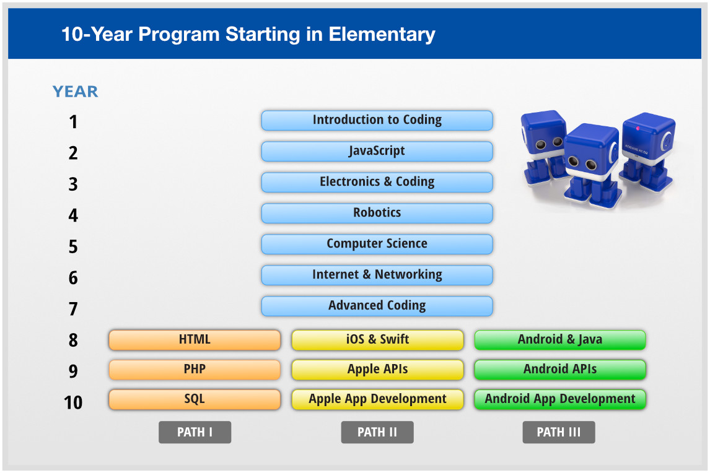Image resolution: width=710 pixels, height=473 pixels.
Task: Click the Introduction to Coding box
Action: (x=377, y=120)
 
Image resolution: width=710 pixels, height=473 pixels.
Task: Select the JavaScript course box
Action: (x=377, y=151)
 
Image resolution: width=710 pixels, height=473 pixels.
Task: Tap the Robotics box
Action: (x=377, y=213)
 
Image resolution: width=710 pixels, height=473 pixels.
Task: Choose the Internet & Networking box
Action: (x=377, y=275)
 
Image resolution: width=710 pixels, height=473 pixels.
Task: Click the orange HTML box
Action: (x=195, y=340)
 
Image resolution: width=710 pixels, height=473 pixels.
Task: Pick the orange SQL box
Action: (x=195, y=399)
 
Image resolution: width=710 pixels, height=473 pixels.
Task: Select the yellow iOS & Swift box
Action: (x=377, y=340)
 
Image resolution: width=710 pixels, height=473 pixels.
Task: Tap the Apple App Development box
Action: (x=377, y=399)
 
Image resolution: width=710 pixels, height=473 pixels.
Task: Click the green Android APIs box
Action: (x=560, y=370)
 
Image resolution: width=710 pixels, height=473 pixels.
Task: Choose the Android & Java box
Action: (x=560, y=340)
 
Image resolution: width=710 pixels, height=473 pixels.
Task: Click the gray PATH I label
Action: (x=195, y=432)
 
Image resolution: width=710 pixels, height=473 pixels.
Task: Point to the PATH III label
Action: (x=559, y=432)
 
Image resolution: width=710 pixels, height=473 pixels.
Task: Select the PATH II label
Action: (x=377, y=432)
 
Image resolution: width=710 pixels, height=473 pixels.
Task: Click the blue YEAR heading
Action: (x=75, y=92)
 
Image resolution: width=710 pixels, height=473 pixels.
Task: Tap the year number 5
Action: (x=73, y=247)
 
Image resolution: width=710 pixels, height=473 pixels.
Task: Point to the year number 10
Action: (x=73, y=403)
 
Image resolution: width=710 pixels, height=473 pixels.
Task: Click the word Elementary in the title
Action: (x=382, y=33)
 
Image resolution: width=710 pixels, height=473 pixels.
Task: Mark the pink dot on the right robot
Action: (x=638, y=129)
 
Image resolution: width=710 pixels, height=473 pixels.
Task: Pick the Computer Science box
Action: (x=377, y=244)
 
